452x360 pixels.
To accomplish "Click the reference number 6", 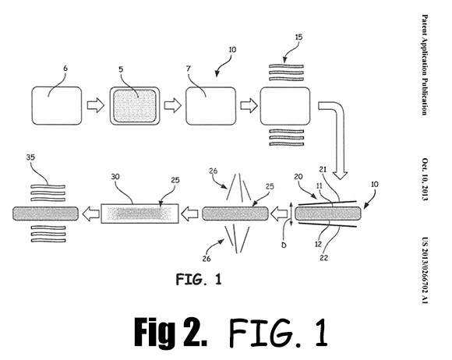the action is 65,69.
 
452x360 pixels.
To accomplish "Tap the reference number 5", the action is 121,69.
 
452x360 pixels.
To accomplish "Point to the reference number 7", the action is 189,69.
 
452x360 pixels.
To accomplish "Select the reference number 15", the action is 299,37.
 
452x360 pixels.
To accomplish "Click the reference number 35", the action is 30,157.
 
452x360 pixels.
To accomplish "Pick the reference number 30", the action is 115,176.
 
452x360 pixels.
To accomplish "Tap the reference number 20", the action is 298,176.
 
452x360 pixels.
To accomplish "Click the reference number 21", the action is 323,169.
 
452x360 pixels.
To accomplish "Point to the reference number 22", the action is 323,257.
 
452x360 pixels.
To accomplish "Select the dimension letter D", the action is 284,245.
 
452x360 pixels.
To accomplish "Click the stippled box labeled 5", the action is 134,106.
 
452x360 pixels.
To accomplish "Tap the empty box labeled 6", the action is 57,106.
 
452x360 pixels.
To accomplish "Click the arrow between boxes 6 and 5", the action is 96,105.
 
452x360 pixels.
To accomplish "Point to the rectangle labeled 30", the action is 139,214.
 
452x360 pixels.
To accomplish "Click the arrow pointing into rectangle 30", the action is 189,214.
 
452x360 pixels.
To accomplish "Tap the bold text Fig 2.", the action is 171,332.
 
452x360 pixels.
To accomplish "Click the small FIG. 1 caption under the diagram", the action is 199,279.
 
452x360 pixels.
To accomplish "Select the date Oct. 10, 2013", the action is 425,179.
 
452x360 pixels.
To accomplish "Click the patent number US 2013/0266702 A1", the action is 425,270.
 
